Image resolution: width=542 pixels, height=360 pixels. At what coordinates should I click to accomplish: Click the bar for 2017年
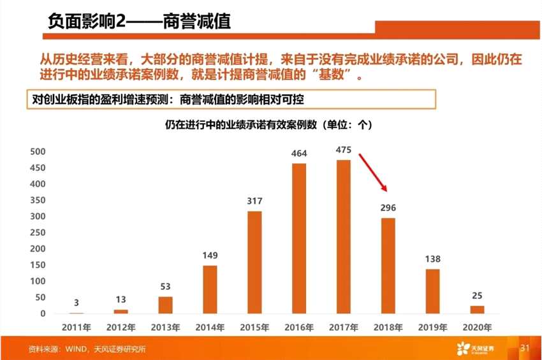[x=344, y=236]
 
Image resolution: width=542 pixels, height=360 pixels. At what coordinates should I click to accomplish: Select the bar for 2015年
[x=254, y=262]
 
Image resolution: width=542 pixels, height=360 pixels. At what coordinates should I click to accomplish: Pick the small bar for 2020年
[x=477, y=310]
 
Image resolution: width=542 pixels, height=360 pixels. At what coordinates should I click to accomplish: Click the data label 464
[x=299, y=154]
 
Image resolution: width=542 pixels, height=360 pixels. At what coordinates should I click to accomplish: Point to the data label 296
[x=388, y=208]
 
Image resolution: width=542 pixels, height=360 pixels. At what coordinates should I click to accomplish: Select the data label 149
[x=210, y=256]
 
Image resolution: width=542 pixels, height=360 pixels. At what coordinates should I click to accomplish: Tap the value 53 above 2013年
[x=165, y=287]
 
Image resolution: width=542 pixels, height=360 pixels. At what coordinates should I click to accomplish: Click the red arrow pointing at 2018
[x=373, y=172]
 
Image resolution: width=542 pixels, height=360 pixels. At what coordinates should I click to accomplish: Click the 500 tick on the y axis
[x=38, y=152]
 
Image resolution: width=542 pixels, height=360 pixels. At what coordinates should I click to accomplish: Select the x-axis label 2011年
[x=77, y=328]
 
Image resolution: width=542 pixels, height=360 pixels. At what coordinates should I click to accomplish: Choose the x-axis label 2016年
[x=299, y=328]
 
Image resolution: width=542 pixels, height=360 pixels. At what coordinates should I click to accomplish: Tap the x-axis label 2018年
[x=388, y=328]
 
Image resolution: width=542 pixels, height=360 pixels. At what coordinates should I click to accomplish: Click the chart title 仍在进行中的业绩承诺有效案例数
[x=268, y=125]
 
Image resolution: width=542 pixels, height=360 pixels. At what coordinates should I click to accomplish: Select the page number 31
[x=525, y=348]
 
